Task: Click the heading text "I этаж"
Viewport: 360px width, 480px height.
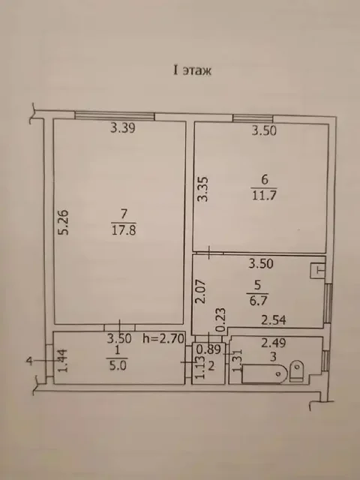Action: point(192,70)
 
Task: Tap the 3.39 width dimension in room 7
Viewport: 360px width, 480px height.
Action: point(123,127)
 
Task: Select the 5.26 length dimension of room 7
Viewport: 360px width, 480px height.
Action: point(64,222)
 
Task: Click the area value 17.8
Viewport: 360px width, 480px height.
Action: point(124,230)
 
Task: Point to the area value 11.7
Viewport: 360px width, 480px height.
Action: point(264,195)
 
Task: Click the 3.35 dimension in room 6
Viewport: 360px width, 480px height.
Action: point(203,189)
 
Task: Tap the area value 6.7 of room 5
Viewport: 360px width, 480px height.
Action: point(258,301)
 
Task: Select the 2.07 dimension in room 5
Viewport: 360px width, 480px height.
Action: point(201,292)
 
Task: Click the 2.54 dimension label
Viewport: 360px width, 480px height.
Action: point(273,320)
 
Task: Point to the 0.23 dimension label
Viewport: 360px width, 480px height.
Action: point(220,320)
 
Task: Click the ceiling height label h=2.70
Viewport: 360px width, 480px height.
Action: point(163,338)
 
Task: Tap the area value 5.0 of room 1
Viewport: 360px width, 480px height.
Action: point(118,365)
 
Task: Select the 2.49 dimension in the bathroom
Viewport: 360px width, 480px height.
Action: point(273,343)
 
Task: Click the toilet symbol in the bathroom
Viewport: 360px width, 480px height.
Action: point(296,370)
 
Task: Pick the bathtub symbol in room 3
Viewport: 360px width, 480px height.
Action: point(265,373)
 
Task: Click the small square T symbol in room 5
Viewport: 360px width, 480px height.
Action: point(317,271)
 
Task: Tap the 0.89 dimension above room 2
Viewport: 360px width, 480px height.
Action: point(208,349)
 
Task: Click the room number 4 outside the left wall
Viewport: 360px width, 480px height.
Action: point(29,361)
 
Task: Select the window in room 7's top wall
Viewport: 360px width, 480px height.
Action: point(115,116)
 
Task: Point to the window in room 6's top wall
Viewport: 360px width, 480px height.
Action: point(253,118)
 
